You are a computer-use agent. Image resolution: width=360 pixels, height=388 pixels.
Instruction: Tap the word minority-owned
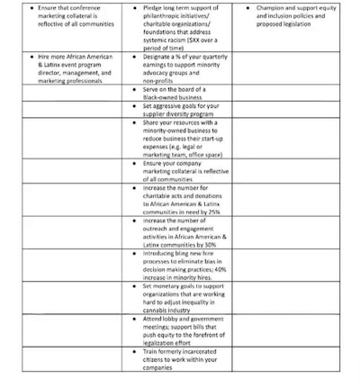pyautogui.click(x=169, y=131)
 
